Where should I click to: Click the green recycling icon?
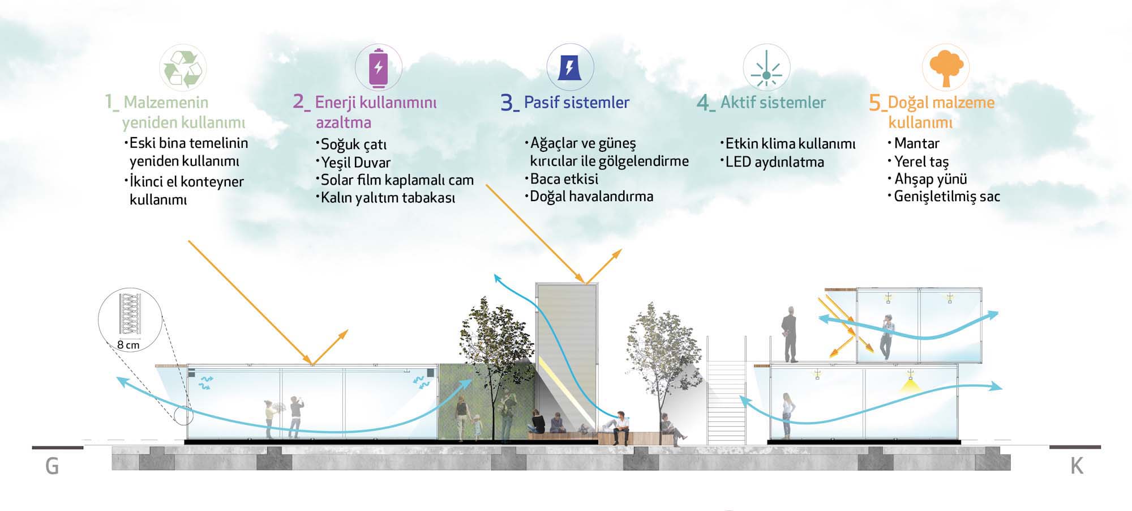coord(183,69)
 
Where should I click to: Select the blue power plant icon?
coord(569,67)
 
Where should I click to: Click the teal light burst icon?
coord(766,69)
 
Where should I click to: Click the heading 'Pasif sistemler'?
coord(576,103)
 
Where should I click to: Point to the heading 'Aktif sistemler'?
coord(773,103)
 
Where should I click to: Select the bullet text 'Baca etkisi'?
coord(564,179)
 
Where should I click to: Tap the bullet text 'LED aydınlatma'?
coord(774,162)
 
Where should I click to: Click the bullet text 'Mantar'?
coord(916,143)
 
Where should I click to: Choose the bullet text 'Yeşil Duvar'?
coord(355,163)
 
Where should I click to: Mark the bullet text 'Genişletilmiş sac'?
coord(947,197)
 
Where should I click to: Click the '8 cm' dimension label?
coord(128,345)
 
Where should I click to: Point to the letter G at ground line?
coord(52,467)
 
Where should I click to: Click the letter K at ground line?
coord(1077,467)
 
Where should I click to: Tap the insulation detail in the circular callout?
coord(130,313)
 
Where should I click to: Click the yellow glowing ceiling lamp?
coord(910,386)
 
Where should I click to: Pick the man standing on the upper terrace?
coord(790,334)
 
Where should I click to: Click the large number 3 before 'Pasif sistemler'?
coord(507,103)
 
